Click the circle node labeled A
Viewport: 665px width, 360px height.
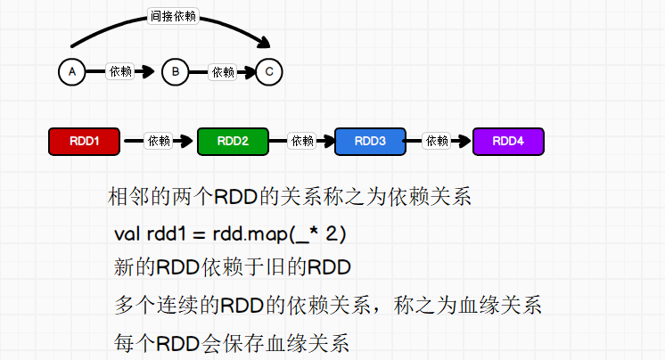coord(71,72)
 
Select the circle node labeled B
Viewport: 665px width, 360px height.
coord(176,72)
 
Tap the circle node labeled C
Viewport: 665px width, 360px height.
coord(269,72)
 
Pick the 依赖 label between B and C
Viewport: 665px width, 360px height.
coord(223,72)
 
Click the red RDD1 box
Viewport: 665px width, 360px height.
coord(83,141)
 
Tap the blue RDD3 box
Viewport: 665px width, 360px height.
coord(370,141)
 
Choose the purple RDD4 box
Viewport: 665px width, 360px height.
coord(508,141)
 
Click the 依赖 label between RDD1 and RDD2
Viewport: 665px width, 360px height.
coord(159,141)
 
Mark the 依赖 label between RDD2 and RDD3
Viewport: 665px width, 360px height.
coord(302,141)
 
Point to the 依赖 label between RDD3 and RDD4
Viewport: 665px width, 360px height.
coord(437,141)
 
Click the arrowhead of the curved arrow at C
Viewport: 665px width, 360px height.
coord(264,42)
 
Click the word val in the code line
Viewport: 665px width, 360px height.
coord(128,234)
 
